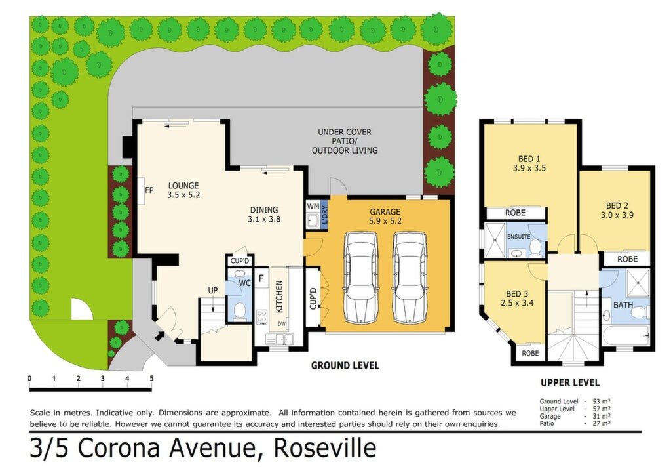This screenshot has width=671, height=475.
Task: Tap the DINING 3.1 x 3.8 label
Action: click(x=264, y=215)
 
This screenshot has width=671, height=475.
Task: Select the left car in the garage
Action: click(x=361, y=278)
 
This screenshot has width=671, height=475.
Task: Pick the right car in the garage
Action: click(x=410, y=278)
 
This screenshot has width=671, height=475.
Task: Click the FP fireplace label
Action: click(x=149, y=190)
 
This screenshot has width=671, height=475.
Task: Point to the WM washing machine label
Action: click(x=313, y=207)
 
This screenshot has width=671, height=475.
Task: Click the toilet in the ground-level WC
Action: click(x=240, y=310)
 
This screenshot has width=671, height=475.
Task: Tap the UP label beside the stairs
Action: click(x=213, y=291)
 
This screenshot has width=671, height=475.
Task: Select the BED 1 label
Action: click(x=529, y=159)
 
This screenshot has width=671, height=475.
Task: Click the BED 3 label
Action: click(x=517, y=294)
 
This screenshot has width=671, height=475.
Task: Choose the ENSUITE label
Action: click(x=519, y=236)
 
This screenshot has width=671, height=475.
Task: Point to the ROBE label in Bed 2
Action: click(x=627, y=259)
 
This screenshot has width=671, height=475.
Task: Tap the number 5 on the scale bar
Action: click(x=151, y=378)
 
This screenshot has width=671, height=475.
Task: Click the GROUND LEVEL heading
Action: click(x=345, y=366)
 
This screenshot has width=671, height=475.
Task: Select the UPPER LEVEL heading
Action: click(x=570, y=383)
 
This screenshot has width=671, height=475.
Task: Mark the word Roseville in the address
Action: click(x=325, y=448)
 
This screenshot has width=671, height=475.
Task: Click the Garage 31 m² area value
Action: click(x=602, y=417)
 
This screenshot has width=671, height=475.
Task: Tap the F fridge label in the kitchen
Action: click(x=261, y=278)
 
